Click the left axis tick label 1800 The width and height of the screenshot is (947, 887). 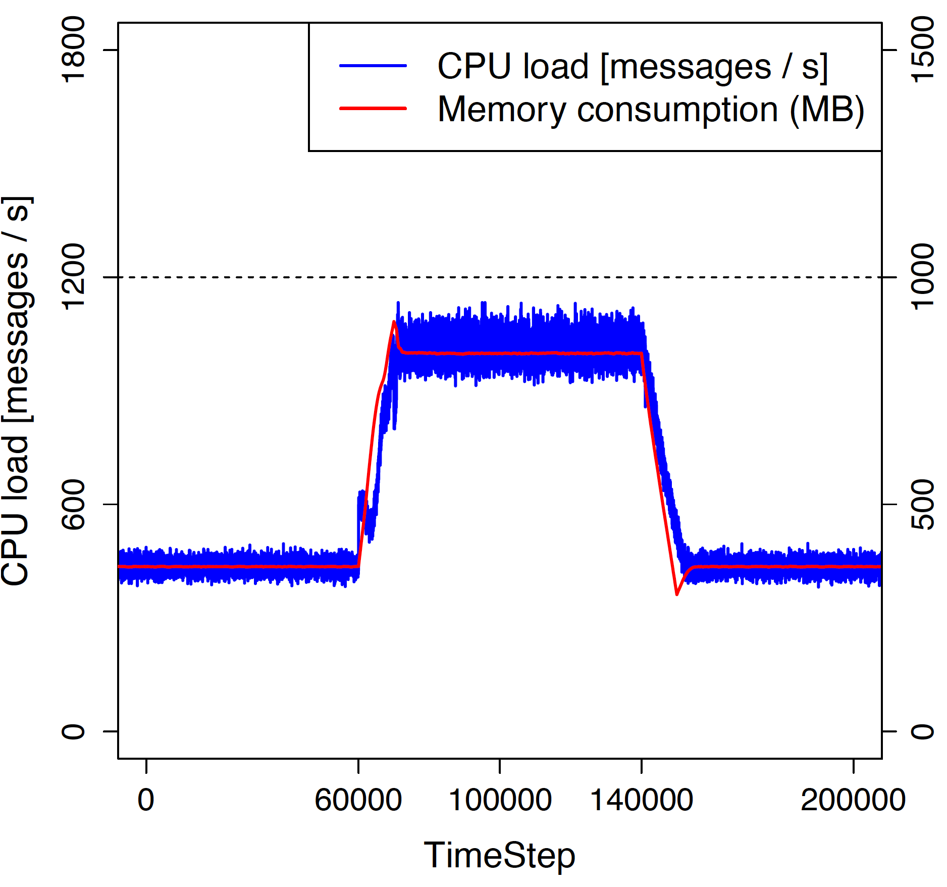[73, 50]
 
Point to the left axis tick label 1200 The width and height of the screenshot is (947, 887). [73, 276]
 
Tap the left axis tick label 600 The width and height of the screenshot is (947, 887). [73, 504]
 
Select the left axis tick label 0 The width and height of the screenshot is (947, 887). [73, 731]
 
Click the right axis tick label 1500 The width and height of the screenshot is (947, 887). [923, 50]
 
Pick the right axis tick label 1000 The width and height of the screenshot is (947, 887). [923, 276]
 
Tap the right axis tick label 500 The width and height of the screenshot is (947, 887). [923, 504]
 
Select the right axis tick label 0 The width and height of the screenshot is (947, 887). [923, 731]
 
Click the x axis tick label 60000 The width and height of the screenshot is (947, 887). [358, 800]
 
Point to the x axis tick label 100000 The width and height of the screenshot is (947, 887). [500, 800]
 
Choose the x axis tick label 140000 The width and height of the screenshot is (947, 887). [641, 800]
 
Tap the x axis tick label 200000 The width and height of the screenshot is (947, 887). [853, 800]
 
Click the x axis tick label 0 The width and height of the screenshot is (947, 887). [146, 800]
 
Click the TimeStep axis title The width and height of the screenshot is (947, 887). [499, 856]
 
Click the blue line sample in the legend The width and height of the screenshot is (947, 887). [373, 66]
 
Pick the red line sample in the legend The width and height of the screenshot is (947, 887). [373, 108]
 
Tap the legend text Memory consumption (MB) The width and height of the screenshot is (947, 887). [651, 109]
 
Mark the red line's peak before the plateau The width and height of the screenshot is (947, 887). [394, 322]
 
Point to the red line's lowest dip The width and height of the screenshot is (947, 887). [677, 594]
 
